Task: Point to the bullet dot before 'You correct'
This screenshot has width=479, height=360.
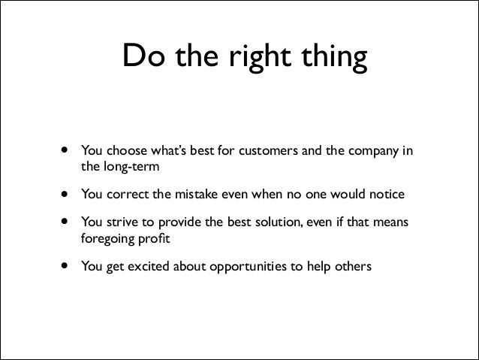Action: (x=65, y=195)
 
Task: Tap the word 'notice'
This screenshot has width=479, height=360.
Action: (x=387, y=195)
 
